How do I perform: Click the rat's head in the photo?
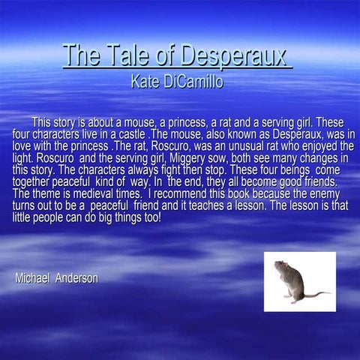(280, 268)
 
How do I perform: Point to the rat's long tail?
(314, 293)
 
